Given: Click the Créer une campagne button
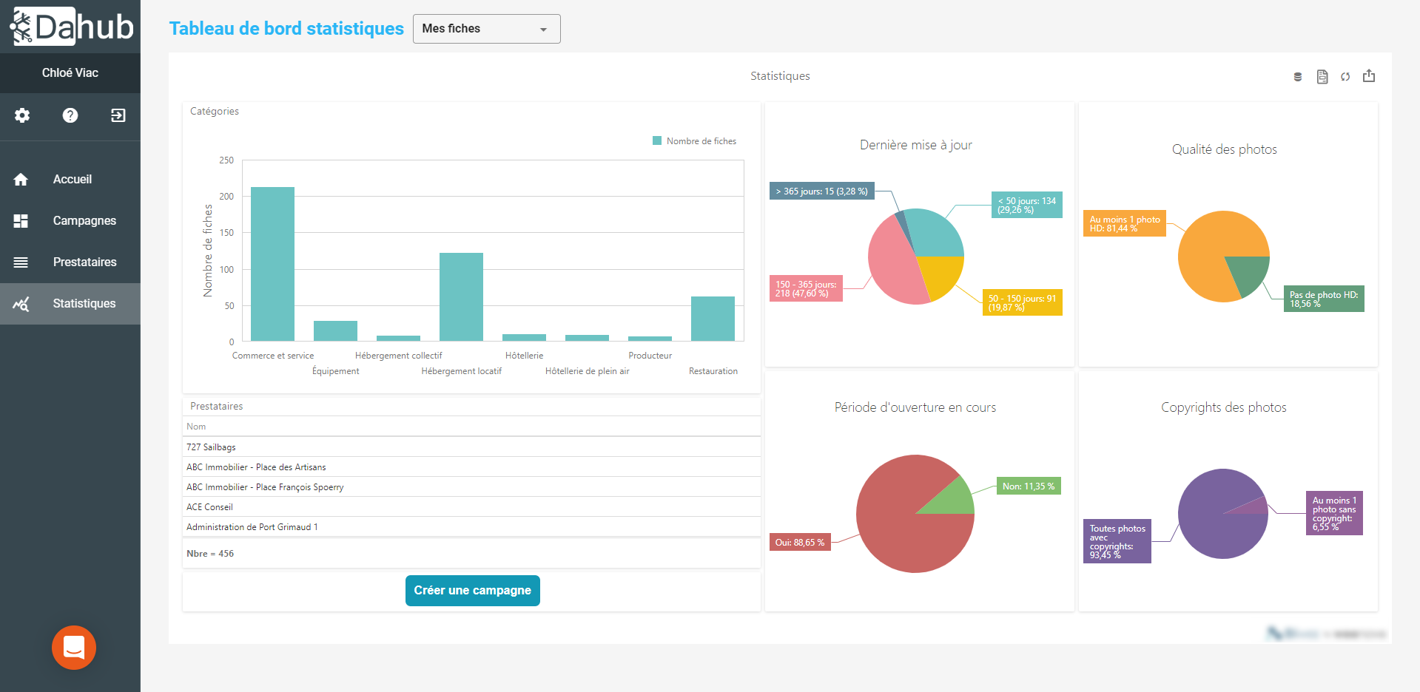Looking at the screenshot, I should tap(472, 590).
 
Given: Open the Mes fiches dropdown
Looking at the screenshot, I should tap(486, 29).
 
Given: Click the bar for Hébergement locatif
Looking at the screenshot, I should tap(461, 296).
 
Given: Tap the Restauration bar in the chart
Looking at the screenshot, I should tap(713, 319).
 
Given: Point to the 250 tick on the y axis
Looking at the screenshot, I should tap(226, 160).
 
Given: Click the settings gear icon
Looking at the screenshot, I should tap(22, 115).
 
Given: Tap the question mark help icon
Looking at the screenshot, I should tap(70, 115).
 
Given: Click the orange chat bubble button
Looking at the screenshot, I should tap(74, 648).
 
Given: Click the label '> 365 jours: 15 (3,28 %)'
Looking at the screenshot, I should tap(821, 191).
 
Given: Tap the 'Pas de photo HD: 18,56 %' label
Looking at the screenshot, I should tap(1323, 299).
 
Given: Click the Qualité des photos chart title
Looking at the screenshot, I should tap(1224, 149).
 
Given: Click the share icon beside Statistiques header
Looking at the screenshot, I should tap(1369, 76).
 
